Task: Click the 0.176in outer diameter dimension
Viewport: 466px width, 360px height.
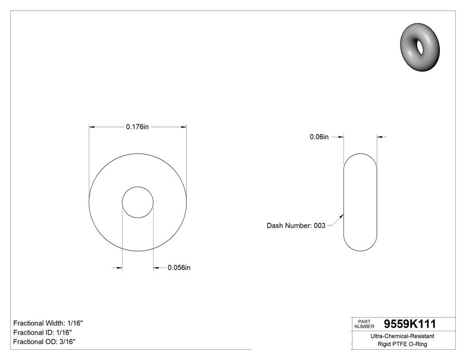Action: [137, 127]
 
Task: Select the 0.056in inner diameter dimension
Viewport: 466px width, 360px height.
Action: [179, 268]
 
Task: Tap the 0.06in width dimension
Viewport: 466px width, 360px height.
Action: [319, 137]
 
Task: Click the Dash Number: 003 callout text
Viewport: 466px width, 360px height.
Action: [296, 225]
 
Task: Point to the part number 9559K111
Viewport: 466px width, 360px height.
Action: [410, 324]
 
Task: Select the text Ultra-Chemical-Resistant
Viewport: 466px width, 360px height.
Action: [402, 336]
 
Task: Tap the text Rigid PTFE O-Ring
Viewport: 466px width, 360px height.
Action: [402, 344]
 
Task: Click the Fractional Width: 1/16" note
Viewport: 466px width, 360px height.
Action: [48, 323]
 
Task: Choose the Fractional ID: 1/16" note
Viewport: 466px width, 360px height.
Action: [43, 332]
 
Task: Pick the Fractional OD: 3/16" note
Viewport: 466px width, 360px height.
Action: [44, 342]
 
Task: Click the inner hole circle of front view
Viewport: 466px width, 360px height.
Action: [138, 202]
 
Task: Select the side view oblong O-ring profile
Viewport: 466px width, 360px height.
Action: [360, 202]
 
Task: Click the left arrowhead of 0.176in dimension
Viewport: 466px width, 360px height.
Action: [92, 127]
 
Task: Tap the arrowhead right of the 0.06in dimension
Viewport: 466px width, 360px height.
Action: [380, 137]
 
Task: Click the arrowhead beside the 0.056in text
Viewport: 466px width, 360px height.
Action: [156, 268]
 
